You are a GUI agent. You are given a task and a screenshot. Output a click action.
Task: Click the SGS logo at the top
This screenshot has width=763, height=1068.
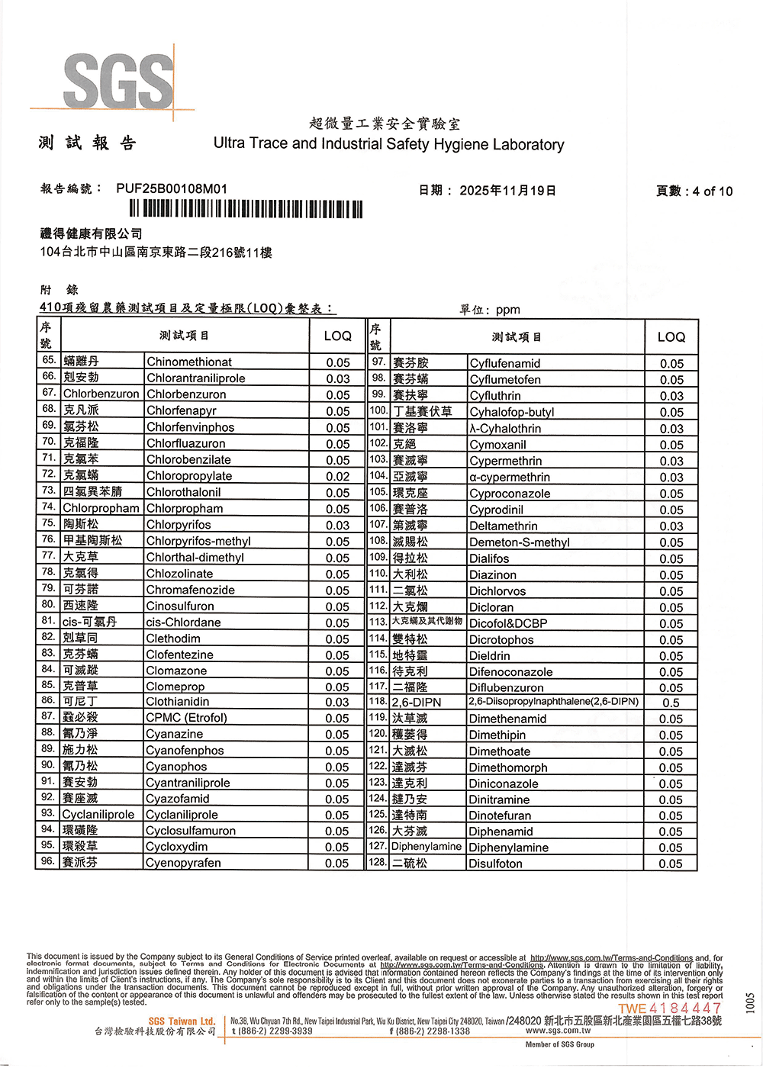[118, 81]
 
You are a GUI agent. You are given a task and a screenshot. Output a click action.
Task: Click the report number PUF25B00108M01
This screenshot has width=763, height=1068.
[172, 188]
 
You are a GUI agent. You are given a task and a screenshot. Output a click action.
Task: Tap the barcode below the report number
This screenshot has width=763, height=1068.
[246, 209]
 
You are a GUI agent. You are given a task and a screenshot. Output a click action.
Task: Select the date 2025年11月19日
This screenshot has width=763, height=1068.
[507, 191]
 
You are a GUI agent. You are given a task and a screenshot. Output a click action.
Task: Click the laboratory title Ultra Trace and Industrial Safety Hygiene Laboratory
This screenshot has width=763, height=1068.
[388, 144]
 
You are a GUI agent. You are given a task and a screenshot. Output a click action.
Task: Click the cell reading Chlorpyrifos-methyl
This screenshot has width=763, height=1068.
[198, 541]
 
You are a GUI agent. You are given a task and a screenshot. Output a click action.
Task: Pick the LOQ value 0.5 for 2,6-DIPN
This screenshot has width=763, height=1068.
[671, 703]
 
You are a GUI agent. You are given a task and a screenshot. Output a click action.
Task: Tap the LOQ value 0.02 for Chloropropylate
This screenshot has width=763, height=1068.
[337, 476]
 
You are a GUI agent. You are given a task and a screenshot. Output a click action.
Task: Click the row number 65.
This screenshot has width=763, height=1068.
[49, 360]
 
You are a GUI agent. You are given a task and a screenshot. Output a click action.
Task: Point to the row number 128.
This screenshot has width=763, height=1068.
[378, 862]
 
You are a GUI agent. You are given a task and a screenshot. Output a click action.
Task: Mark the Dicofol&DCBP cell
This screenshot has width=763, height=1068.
[508, 623]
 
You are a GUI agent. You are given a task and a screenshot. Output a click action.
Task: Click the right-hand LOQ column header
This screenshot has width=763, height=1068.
[671, 336]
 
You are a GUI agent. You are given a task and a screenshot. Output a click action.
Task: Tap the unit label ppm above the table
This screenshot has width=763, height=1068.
[507, 310]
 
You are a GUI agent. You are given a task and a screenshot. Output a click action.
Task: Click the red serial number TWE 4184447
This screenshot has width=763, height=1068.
[669, 1008]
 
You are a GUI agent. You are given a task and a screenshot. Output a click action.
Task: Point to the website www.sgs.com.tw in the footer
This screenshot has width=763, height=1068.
[558, 1031]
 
